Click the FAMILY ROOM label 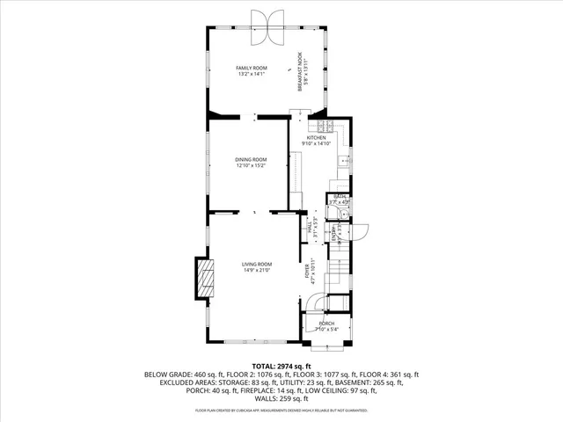click(251, 68)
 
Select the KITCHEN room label click(316, 138)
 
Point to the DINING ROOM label click(251, 159)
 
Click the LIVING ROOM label click(257, 264)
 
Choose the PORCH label click(327, 324)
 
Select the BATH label click(338, 196)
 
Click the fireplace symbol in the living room click(204, 280)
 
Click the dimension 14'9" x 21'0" click(257, 271)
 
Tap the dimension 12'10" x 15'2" click(251, 165)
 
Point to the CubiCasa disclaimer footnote click(281, 410)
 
